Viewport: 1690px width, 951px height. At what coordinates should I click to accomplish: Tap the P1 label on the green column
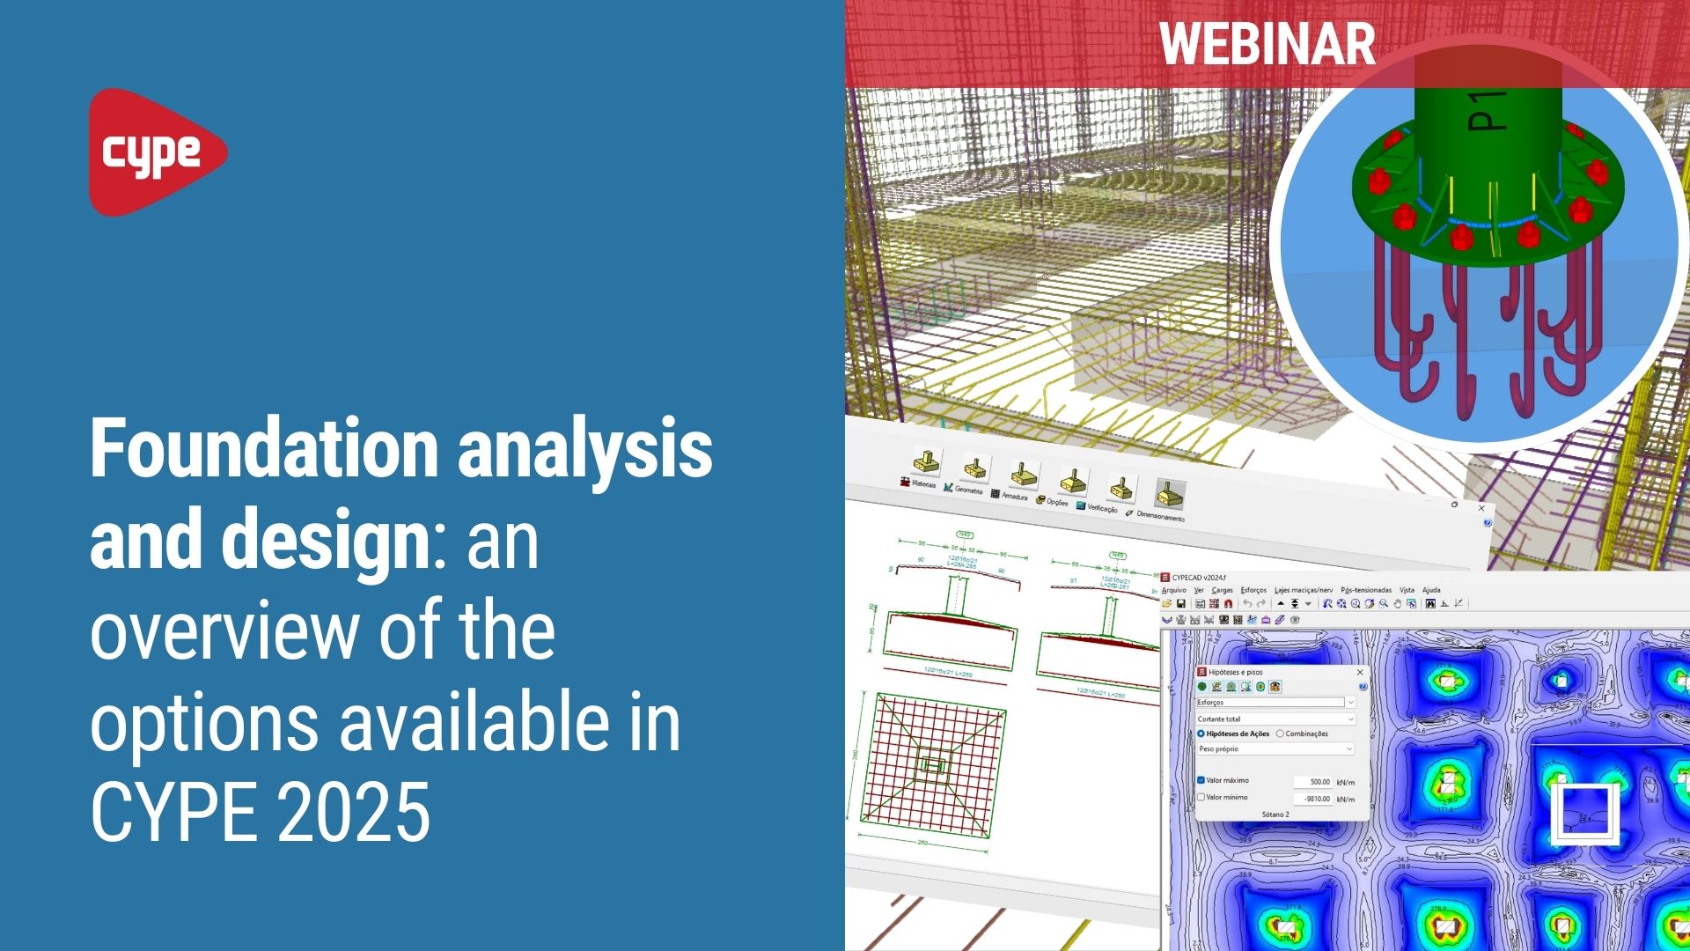pyautogui.click(x=1488, y=109)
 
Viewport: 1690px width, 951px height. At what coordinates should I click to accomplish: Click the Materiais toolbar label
pyautogui.click(x=922, y=483)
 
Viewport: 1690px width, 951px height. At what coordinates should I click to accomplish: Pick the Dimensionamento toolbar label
pyautogui.click(x=1160, y=516)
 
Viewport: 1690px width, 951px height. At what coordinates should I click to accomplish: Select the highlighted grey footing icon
pyautogui.click(x=1169, y=494)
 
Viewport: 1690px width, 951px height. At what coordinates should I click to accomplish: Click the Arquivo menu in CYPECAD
pyautogui.click(x=1174, y=590)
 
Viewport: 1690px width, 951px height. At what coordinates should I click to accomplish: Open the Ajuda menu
pyautogui.click(x=1431, y=590)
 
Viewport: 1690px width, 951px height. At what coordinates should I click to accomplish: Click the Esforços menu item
pyautogui.click(x=1253, y=590)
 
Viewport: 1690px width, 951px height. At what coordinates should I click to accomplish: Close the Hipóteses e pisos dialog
pyautogui.click(x=1360, y=672)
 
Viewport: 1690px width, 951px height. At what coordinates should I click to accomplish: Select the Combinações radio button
pyautogui.click(x=1281, y=734)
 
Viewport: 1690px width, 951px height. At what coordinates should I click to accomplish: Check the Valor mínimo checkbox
pyautogui.click(x=1201, y=797)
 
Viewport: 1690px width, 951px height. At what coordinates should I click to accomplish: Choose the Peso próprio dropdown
pyautogui.click(x=1275, y=748)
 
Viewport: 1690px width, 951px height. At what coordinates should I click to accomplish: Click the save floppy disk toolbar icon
pyautogui.click(x=1181, y=604)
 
